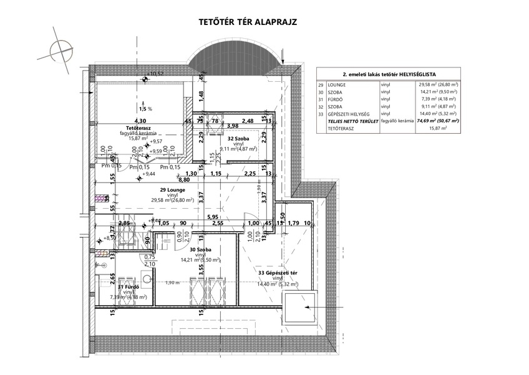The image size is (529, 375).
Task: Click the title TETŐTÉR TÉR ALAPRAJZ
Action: pos(248,21)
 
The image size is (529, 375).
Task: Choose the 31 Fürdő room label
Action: pos(125,287)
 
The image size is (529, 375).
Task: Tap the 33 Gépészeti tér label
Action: pos(278,272)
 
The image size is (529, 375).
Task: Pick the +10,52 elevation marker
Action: pos(155,74)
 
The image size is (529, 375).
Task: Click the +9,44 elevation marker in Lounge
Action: pos(147,174)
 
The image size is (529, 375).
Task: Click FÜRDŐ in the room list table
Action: pos(334,99)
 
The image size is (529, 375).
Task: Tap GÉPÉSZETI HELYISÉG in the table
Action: pos(347,114)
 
